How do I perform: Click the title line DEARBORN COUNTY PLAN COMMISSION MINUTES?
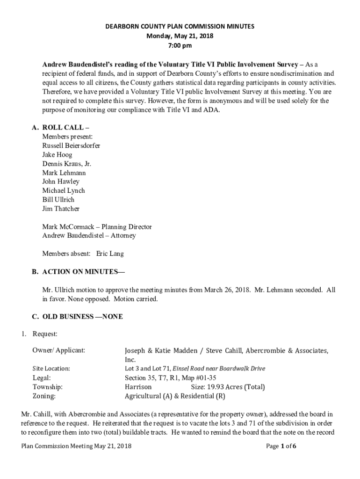click(x=180, y=27)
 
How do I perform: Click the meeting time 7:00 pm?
click(x=180, y=46)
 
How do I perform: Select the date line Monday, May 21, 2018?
click(x=180, y=36)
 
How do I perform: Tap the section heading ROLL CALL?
click(x=63, y=128)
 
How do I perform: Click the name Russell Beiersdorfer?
click(x=71, y=145)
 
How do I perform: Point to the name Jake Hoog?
click(x=57, y=154)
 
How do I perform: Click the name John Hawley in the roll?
click(x=61, y=181)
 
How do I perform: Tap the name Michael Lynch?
click(x=64, y=190)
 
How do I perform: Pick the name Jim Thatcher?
click(x=61, y=209)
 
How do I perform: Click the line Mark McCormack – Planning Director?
click(x=97, y=227)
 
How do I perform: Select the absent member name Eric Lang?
click(x=110, y=254)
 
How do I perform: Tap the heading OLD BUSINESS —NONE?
click(x=82, y=317)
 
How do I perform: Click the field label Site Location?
click(x=51, y=369)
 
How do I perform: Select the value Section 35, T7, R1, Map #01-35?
click(x=170, y=378)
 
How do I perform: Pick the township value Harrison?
click(x=138, y=387)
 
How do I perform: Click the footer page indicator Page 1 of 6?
click(x=281, y=446)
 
